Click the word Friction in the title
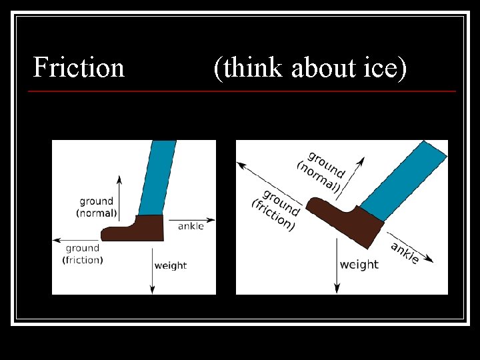pyautogui.click(x=79, y=67)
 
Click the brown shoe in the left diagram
pyautogui.click(x=137, y=229)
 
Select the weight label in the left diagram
pyautogui.click(x=171, y=265)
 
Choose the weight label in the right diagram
pyautogui.click(x=359, y=265)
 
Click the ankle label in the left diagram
pyautogui.click(x=191, y=227)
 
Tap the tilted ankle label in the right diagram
pyautogui.click(x=405, y=253)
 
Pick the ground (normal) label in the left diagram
pyautogui.click(x=97, y=207)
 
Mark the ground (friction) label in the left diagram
pyautogui.click(x=83, y=254)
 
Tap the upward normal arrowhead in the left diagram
pyautogui.click(x=119, y=179)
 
